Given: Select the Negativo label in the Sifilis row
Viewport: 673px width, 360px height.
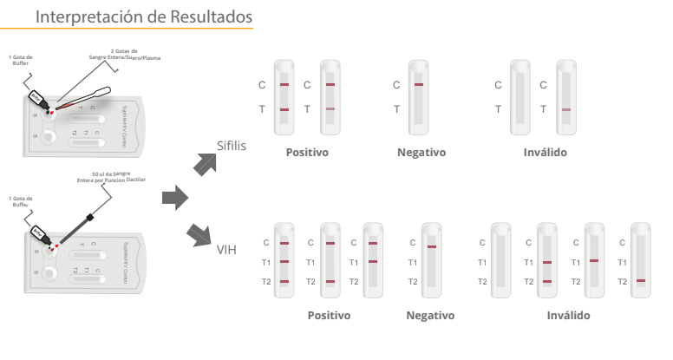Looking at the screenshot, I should click(x=421, y=153).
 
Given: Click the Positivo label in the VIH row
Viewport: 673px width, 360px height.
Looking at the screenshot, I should click(x=330, y=314).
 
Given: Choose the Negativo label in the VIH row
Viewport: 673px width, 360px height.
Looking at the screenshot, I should click(x=430, y=314).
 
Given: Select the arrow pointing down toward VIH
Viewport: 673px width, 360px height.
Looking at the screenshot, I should click(x=200, y=233).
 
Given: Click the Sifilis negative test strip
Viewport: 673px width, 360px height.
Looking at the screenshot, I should click(x=419, y=96).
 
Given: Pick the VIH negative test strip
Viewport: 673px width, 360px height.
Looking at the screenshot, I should click(x=431, y=261).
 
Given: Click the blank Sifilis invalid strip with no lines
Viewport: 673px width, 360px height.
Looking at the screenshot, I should click(x=520, y=96).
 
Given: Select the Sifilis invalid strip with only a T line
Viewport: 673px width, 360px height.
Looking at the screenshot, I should click(x=565, y=96).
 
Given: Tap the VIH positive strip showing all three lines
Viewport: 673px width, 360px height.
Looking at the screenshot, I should click(x=285, y=261).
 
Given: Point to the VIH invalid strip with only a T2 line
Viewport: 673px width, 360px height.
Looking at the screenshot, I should click(x=640, y=261).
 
